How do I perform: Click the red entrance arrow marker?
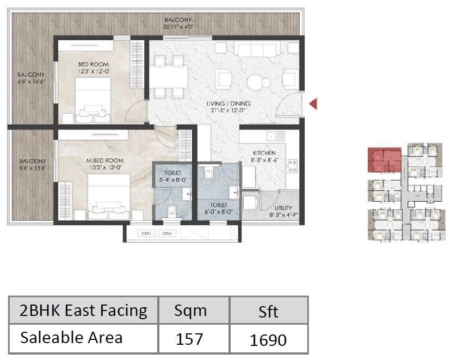313,103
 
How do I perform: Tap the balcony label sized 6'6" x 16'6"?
31,78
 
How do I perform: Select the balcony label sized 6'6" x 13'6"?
31,165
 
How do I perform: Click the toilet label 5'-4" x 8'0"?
173,176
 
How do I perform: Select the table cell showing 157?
189,339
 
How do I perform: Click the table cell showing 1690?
268,339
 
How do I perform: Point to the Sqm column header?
190,311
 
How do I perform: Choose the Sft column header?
268,311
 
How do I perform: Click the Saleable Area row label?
71,338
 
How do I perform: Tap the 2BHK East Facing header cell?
83,311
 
